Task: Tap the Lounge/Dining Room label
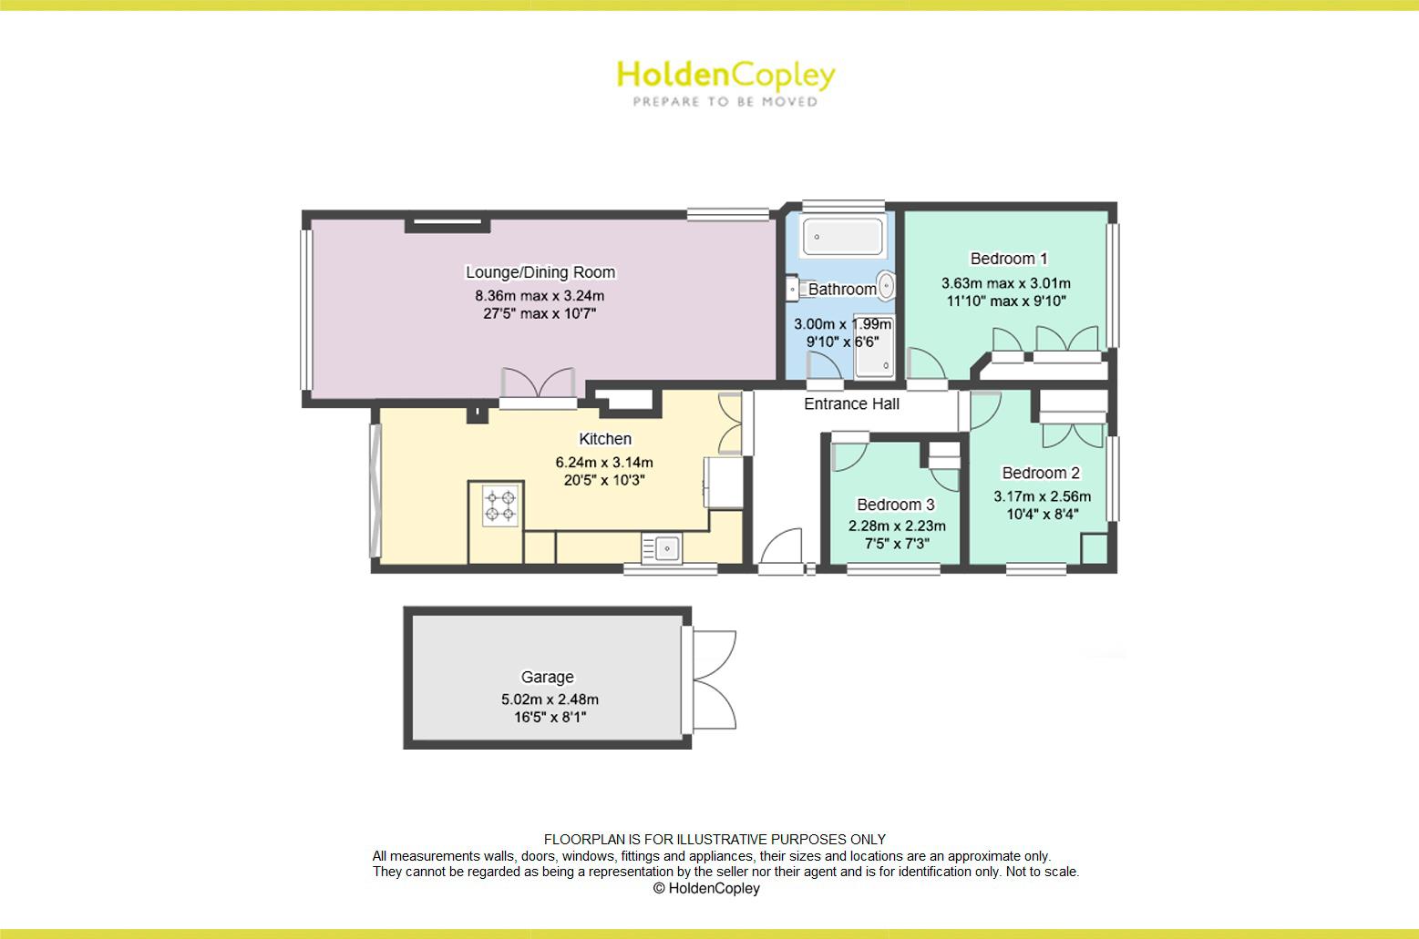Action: [x=540, y=272]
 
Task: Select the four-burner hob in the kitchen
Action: [x=500, y=505]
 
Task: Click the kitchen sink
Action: [x=662, y=548]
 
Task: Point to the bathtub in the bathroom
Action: [x=842, y=237]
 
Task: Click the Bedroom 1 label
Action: [x=1009, y=259]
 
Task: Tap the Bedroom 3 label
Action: [x=895, y=505]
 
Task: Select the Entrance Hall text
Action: [x=851, y=404]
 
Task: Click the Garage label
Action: [x=548, y=677]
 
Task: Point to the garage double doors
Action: [x=713, y=680]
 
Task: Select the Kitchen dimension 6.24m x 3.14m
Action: [x=604, y=463]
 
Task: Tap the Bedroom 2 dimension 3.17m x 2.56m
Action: [x=1042, y=496]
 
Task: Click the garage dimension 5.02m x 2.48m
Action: [x=550, y=699]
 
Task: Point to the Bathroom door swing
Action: [x=824, y=367]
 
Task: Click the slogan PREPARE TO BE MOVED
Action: [x=725, y=101]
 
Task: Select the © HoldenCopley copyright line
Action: [x=706, y=888]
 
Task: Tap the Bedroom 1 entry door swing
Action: [x=927, y=364]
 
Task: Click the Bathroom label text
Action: [x=842, y=290]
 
